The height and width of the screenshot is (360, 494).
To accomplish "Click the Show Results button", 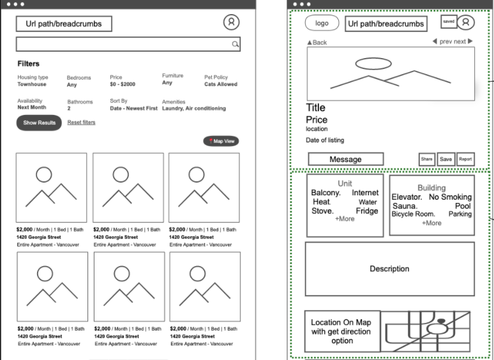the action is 39,123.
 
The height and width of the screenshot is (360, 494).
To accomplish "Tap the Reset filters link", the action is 81,122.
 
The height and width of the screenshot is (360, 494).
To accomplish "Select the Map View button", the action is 221,141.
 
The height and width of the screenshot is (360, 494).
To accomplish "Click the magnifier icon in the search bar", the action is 235,44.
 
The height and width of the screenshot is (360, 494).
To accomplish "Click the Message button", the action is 346,159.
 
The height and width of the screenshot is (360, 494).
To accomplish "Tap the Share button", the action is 426,159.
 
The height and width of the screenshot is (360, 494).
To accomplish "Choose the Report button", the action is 465,159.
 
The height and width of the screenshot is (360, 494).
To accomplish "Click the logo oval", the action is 322,23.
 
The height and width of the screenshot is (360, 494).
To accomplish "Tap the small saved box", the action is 449,22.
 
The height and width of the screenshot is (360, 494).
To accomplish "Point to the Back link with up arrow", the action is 317,43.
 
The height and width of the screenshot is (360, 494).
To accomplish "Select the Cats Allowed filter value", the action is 221,84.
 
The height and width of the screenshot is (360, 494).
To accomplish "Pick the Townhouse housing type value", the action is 32,84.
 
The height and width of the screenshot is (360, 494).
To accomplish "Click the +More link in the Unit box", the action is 345,218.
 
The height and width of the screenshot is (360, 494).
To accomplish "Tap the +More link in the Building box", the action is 431,223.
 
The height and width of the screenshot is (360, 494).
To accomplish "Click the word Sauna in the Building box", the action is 405,206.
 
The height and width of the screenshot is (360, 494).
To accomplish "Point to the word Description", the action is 389,269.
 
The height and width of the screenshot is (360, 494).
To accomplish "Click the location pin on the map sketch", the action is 442,321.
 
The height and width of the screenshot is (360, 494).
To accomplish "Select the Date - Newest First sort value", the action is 133,109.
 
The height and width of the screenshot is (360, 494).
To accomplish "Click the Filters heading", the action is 28,64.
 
